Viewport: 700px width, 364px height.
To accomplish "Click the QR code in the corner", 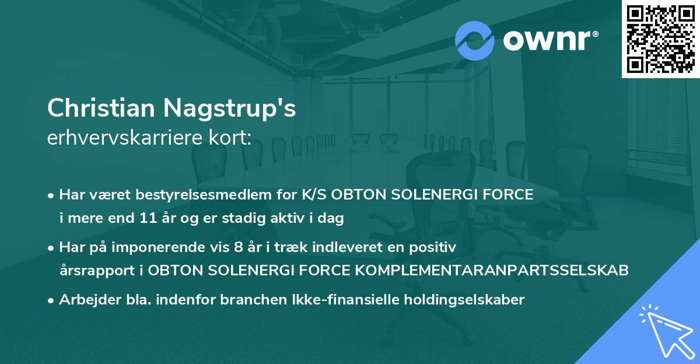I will point(660,38).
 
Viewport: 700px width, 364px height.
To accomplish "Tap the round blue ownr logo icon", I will point(475,41).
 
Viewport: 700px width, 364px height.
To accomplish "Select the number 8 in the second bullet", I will point(237,247).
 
